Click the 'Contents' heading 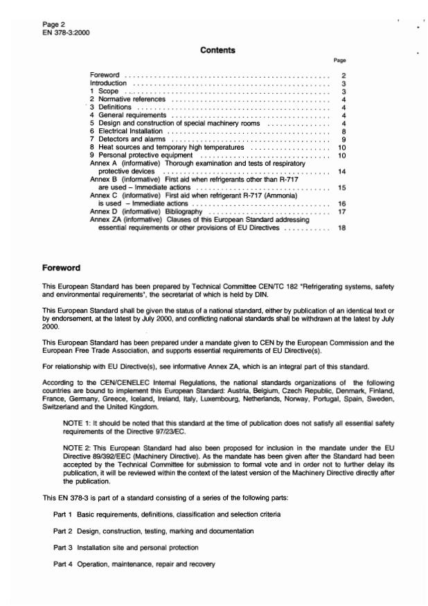click(x=217, y=50)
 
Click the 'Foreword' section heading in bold click(x=62, y=268)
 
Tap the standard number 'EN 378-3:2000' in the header click(x=66, y=33)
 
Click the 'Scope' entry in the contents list click(x=109, y=92)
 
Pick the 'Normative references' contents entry click(x=132, y=99)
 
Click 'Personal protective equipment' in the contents click(x=142, y=155)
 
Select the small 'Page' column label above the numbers click(x=339, y=61)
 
